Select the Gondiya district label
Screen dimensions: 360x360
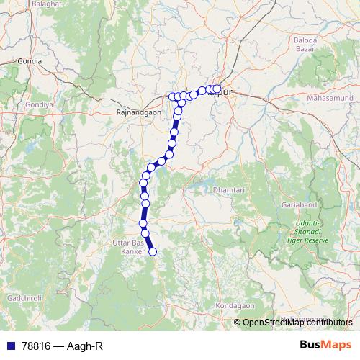tap(40, 104)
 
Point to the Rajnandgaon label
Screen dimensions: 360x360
tap(139, 112)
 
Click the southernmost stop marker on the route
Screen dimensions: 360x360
tap(152, 251)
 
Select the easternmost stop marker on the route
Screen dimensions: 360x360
tap(217, 89)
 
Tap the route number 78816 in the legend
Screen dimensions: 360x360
tap(35, 346)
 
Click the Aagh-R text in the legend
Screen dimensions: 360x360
tap(85, 346)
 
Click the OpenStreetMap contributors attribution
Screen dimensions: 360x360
tap(297, 323)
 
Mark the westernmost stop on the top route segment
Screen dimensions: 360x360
tap(173, 96)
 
